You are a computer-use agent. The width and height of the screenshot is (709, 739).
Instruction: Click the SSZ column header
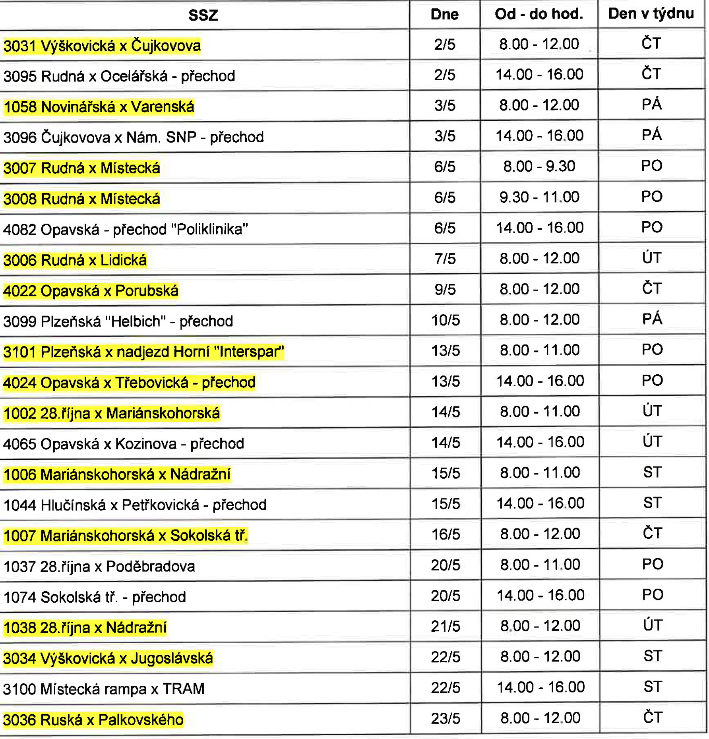(x=203, y=15)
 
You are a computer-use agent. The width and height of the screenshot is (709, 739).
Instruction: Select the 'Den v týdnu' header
(x=651, y=14)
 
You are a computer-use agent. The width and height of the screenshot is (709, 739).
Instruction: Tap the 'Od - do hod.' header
(x=539, y=14)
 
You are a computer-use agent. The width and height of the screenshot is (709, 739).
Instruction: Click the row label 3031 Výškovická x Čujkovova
(x=102, y=46)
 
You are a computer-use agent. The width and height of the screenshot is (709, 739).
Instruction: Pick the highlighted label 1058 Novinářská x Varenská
(x=99, y=107)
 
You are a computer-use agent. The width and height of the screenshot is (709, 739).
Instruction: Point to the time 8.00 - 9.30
(x=539, y=166)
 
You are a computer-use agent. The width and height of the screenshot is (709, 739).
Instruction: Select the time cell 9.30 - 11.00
(x=539, y=197)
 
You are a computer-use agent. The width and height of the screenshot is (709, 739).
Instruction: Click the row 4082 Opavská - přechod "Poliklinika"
(x=126, y=230)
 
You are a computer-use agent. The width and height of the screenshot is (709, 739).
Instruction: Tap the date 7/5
(x=445, y=259)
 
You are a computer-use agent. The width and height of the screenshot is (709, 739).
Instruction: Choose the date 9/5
(x=445, y=290)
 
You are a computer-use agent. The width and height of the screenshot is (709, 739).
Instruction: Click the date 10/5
(x=445, y=320)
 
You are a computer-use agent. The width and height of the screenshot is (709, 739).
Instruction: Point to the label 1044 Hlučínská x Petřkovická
(x=135, y=505)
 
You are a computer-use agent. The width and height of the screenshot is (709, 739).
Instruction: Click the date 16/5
(x=446, y=534)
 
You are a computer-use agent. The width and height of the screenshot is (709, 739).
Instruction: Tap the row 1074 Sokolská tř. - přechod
(x=95, y=597)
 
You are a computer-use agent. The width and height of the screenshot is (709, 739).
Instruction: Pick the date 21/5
(x=446, y=627)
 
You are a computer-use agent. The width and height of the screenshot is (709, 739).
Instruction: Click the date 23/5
(x=446, y=719)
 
